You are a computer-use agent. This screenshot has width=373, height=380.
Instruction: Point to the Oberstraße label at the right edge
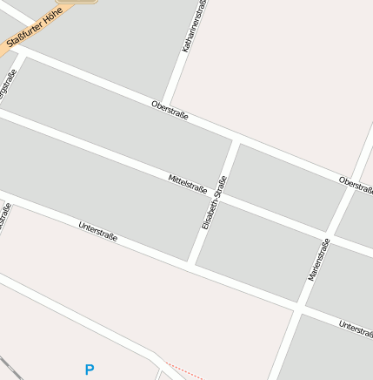(x=356, y=184)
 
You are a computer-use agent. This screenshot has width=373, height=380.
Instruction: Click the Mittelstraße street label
(x=187, y=184)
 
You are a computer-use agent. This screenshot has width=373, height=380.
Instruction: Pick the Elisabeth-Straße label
(x=214, y=202)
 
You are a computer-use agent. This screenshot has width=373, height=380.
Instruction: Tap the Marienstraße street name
(x=319, y=259)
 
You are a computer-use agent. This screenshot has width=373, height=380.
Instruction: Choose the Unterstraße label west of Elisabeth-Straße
(x=97, y=231)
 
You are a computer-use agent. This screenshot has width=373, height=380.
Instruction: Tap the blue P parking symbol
(x=89, y=370)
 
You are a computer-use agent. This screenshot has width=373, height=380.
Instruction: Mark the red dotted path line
(x=183, y=371)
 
